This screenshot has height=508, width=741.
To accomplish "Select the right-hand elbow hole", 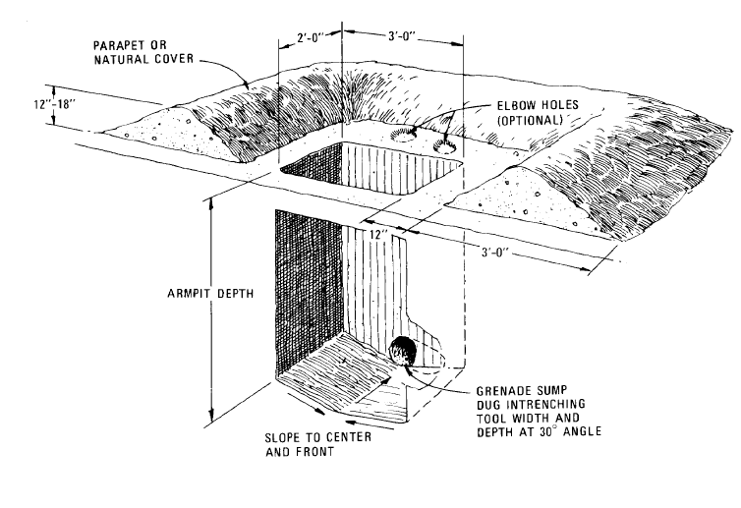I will pyautogui.click(x=447, y=148).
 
